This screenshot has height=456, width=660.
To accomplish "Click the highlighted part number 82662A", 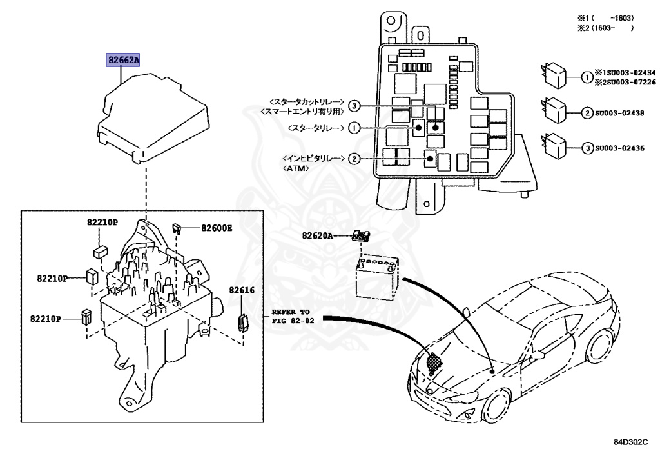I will coord(124,61).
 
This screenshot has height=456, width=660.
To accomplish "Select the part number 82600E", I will coord(216,228).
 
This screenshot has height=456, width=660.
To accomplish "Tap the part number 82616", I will coord(244,291).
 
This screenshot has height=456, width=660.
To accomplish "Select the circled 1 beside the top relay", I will coord(587,78).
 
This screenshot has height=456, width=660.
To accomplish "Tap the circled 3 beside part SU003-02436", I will coord(587,148).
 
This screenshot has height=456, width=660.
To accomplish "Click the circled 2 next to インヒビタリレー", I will coord(353,158).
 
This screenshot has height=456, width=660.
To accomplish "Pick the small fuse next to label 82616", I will coord(244,321).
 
